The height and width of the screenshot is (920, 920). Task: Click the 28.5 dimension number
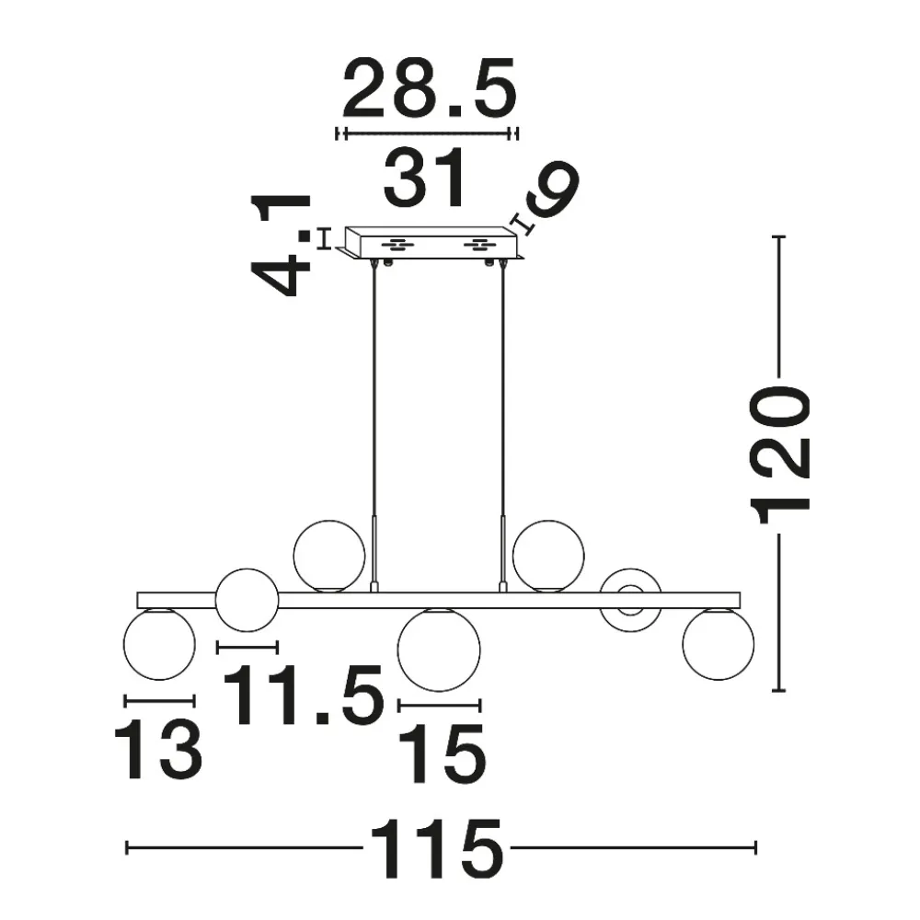click(x=430, y=88)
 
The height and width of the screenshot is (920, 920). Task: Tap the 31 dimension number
click(x=425, y=178)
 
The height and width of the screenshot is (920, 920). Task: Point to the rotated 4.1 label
click(x=281, y=244)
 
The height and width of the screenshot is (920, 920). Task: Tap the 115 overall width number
click(x=436, y=849)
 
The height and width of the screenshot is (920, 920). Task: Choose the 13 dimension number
click(x=158, y=751)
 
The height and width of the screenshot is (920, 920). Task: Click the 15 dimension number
click(x=442, y=754)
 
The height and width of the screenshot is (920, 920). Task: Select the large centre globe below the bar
click(x=439, y=650)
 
